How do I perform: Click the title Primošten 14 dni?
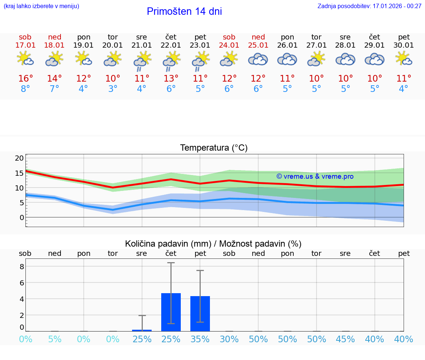(x=184, y=11)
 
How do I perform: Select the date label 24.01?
(x=229, y=45)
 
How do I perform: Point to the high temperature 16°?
(x=25, y=79)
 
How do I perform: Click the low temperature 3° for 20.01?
(x=113, y=89)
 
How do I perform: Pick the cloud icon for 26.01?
(x=287, y=59)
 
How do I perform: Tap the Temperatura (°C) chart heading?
(x=214, y=148)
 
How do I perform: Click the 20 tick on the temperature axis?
(x=19, y=158)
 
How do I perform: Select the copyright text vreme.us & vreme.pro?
(x=315, y=176)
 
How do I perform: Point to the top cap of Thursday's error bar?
(x=171, y=263)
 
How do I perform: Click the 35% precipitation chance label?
(x=200, y=339)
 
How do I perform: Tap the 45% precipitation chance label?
(x=346, y=339)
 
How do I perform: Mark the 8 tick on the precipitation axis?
(x=22, y=267)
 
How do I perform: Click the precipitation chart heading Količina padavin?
(x=213, y=244)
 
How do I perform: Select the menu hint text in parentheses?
(x=41, y=6)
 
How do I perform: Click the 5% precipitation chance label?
(x=55, y=339)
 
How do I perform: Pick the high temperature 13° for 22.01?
(x=171, y=79)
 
